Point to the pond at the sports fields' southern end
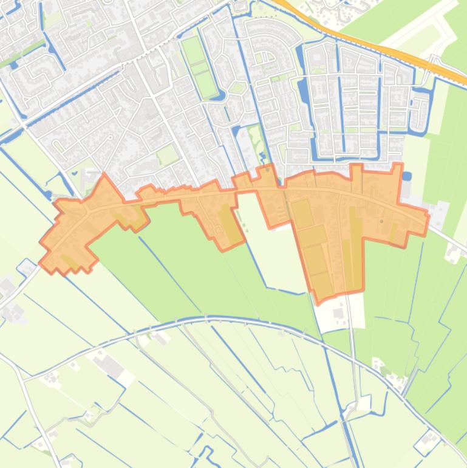point(219,95)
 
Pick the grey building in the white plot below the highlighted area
point(338,313)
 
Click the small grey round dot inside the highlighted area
point(381,221)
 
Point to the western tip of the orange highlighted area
point(41,263)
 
